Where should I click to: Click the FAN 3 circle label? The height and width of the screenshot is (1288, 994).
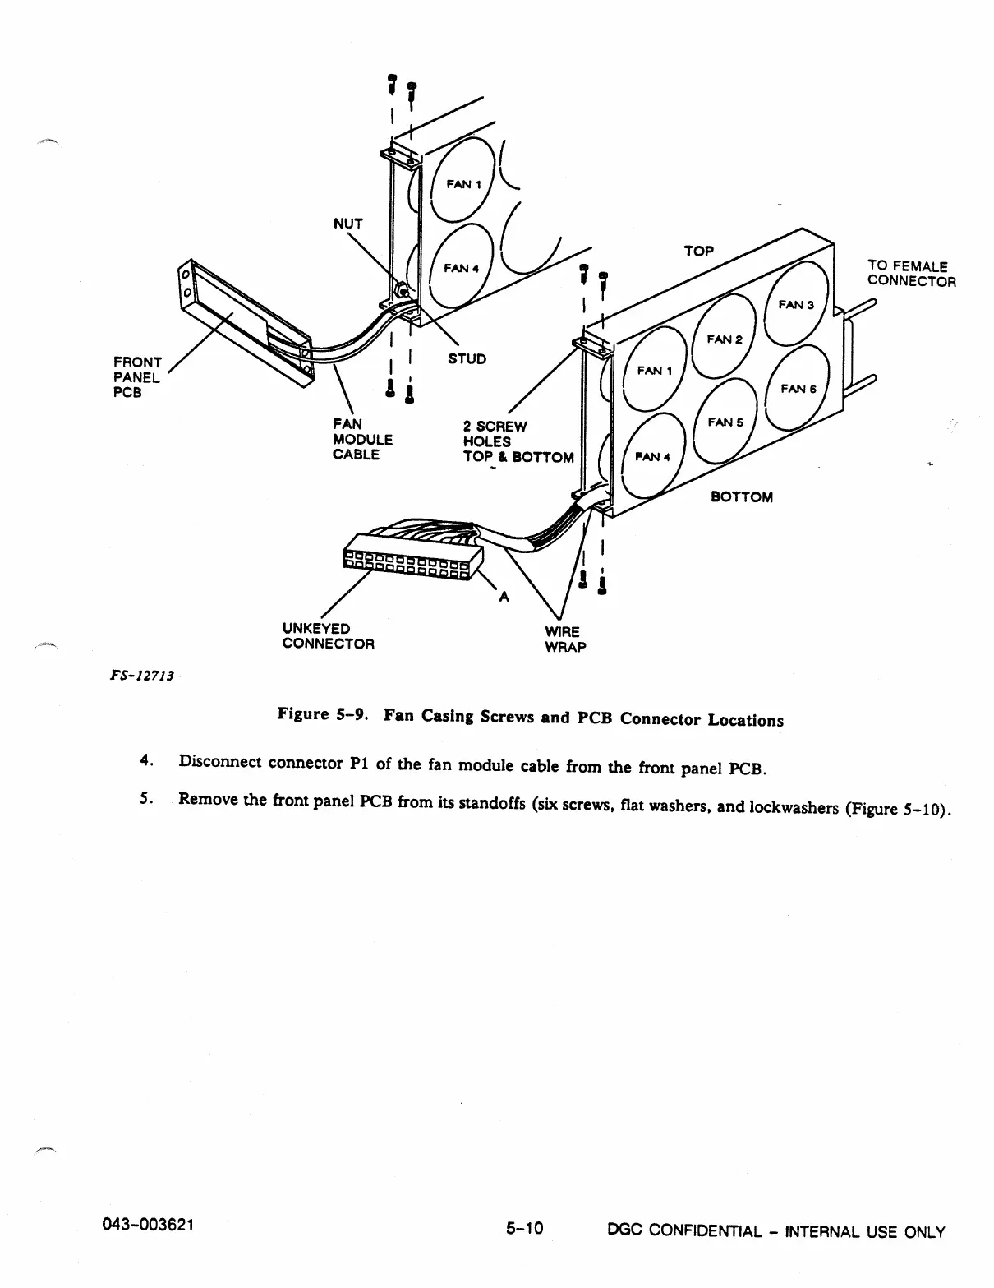tap(795, 305)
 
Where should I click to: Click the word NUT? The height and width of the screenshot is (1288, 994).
tap(347, 224)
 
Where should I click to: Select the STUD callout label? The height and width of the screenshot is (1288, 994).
tap(467, 359)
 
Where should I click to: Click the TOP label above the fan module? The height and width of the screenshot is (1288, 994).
tap(698, 251)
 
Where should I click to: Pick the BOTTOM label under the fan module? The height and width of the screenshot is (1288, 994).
tap(741, 497)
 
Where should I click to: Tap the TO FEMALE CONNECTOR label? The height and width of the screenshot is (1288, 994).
tap(911, 274)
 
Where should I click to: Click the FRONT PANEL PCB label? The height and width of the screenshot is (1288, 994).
tap(137, 377)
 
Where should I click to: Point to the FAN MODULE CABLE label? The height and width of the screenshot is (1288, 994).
tap(362, 440)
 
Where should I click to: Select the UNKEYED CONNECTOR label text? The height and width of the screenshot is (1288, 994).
tap(328, 636)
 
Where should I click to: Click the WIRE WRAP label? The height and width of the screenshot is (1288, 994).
tap(564, 639)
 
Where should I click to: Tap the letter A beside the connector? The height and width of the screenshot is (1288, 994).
tap(504, 598)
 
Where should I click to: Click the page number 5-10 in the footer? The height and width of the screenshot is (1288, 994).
tap(525, 1229)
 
